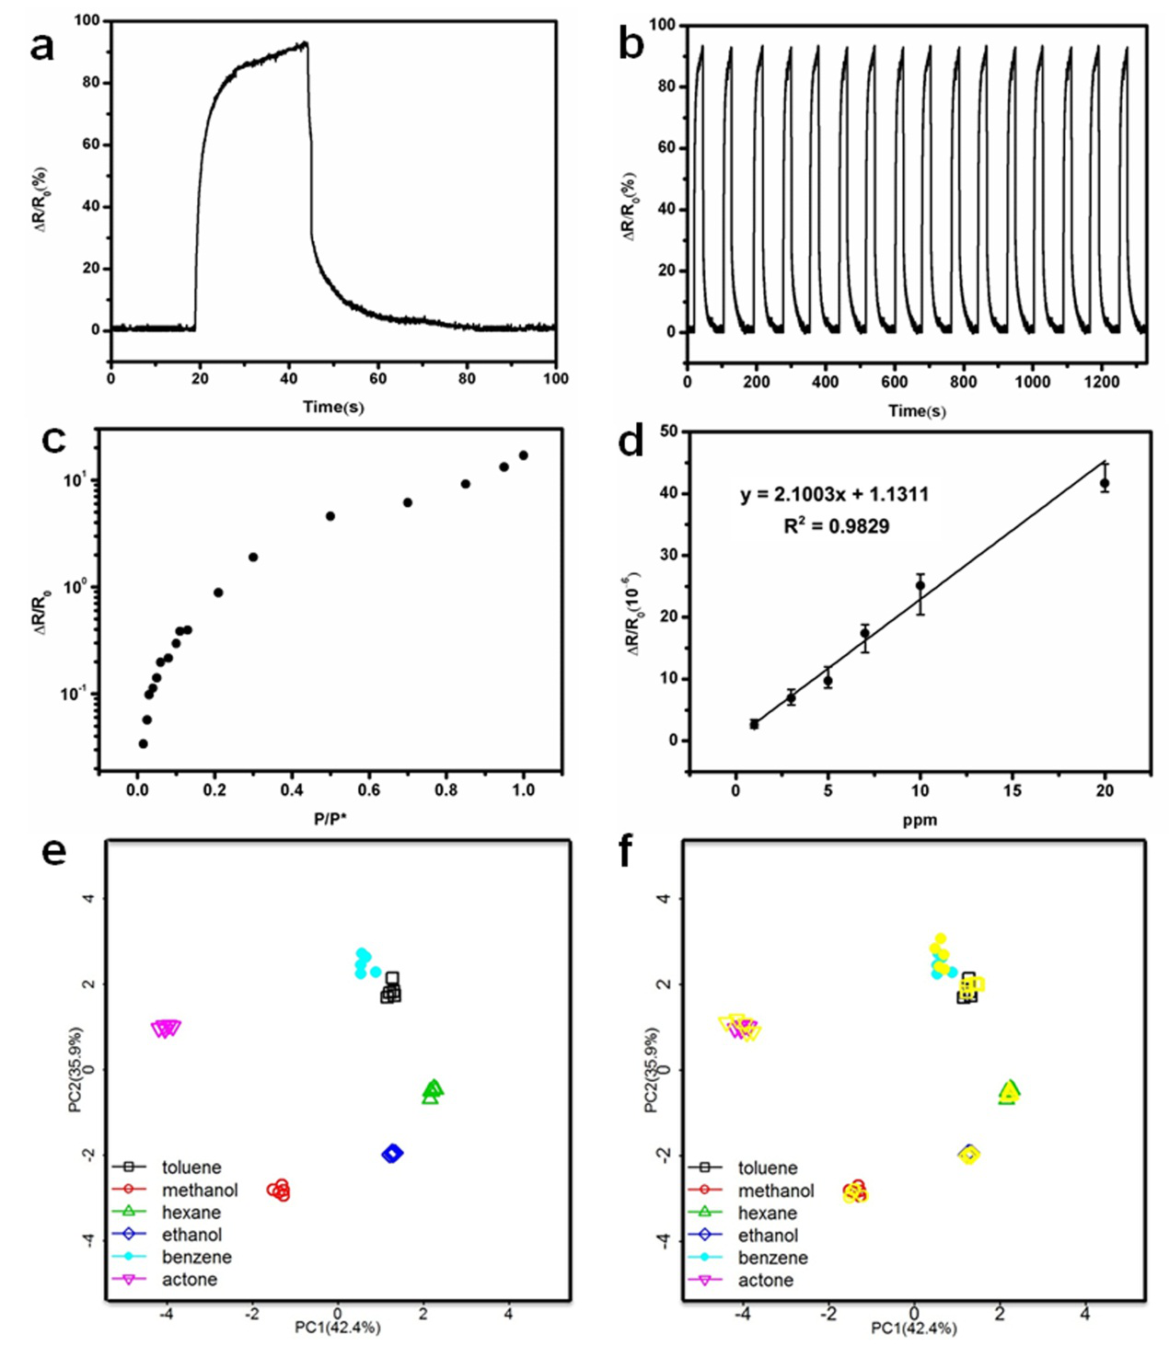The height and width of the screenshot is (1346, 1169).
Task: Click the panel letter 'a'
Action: [41, 46]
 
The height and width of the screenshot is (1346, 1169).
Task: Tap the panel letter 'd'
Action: [631, 443]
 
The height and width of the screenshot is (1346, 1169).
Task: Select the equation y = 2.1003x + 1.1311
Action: [834, 495]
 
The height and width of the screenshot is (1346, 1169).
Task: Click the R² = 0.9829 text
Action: [836, 526]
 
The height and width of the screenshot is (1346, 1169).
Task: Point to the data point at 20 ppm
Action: [1105, 483]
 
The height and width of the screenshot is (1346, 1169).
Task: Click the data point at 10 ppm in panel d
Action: [920, 585]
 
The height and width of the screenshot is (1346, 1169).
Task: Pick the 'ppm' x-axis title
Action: [919, 820]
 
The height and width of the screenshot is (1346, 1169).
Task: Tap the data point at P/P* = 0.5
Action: [330, 516]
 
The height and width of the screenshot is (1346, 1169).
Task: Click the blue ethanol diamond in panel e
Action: [393, 1153]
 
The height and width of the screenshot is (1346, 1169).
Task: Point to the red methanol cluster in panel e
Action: [279, 1191]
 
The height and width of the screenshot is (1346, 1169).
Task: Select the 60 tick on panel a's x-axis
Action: [378, 378]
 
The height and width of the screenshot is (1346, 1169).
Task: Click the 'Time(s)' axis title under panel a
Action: [333, 406]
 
